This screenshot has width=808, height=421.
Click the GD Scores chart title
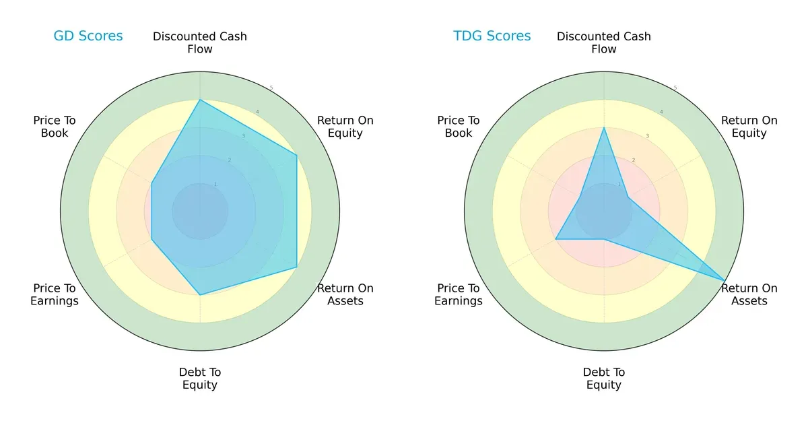click(88, 36)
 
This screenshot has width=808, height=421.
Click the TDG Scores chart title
click(492, 36)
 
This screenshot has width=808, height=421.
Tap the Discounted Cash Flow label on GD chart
click(200, 42)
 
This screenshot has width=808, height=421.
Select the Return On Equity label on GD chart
click(345, 127)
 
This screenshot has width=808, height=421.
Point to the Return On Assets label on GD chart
click(345, 294)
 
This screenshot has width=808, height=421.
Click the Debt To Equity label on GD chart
click(200, 379)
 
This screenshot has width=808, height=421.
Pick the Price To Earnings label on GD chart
click(55, 294)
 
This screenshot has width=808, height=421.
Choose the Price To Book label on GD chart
click(55, 127)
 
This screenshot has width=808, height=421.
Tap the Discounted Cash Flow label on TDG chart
click(604, 42)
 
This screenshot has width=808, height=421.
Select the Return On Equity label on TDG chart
click(749, 127)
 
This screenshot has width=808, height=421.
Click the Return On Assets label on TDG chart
click(749, 294)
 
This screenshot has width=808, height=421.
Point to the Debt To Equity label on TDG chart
click(604, 379)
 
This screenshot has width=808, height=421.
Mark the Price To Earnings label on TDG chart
click(459, 294)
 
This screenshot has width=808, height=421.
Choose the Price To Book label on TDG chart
click(459, 127)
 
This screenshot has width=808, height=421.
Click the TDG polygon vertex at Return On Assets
click(725, 280)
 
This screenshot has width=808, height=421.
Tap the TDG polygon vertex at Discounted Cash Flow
click(604, 127)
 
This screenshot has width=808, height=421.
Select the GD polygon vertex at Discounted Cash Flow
click(200, 100)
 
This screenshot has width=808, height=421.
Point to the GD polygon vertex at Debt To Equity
click(200, 294)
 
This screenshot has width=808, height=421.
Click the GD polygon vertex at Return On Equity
click(297, 155)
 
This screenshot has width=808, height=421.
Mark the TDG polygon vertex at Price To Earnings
click(555, 239)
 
